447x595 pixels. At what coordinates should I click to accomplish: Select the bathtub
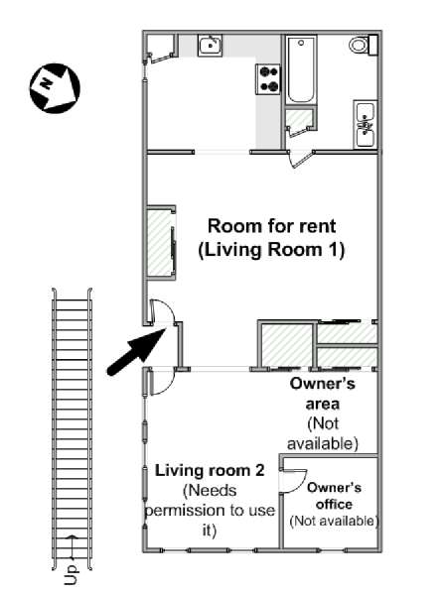click(x=301, y=70)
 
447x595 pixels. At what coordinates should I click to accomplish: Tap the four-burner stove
click(x=268, y=78)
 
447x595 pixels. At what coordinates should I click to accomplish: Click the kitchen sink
click(x=210, y=44)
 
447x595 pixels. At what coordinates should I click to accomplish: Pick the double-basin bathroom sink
click(x=366, y=124)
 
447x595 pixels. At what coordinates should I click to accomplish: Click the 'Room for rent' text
click(x=269, y=225)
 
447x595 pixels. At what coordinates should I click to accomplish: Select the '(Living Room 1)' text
click(x=270, y=250)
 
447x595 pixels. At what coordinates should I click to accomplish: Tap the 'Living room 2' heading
click(x=209, y=470)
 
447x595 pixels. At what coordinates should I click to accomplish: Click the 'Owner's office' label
click(x=334, y=496)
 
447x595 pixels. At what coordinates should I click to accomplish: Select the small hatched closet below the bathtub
click(x=297, y=122)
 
